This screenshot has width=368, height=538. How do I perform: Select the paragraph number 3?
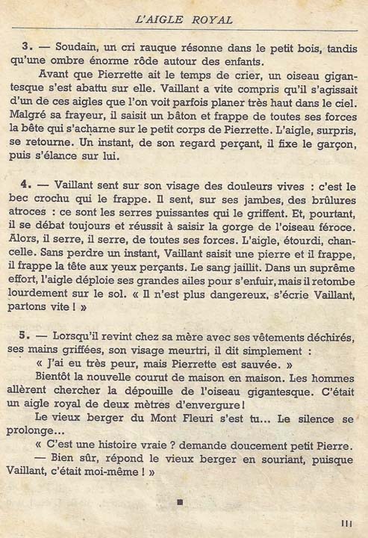27,46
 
